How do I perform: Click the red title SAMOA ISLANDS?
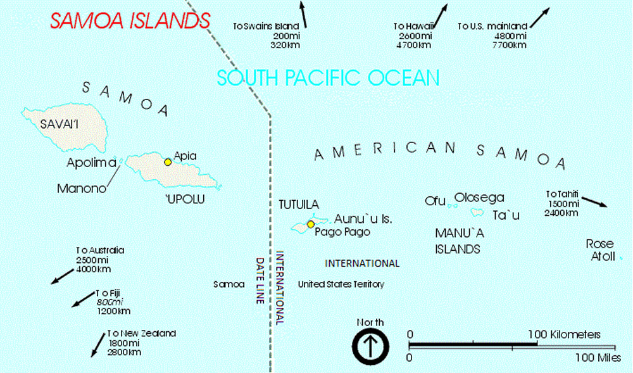[x=130, y=20]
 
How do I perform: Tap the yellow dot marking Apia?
[x=168, y=162]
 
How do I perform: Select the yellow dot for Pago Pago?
[x=311, y=224]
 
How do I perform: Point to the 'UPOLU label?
[x=186, y=200]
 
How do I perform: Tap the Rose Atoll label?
[x=599, y=250]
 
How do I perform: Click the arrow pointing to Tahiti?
[x=594, y=201]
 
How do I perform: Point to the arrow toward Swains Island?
[x=304, y=14]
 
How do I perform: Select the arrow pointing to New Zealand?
[x=98, y=343]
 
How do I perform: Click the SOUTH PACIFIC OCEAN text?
[x=328, y=78]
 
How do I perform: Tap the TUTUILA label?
[x=299, y=204]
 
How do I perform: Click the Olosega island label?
[x=479, y=198]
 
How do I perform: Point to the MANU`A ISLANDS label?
[x=458, y=241]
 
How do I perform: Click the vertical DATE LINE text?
[x=260, y=281]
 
